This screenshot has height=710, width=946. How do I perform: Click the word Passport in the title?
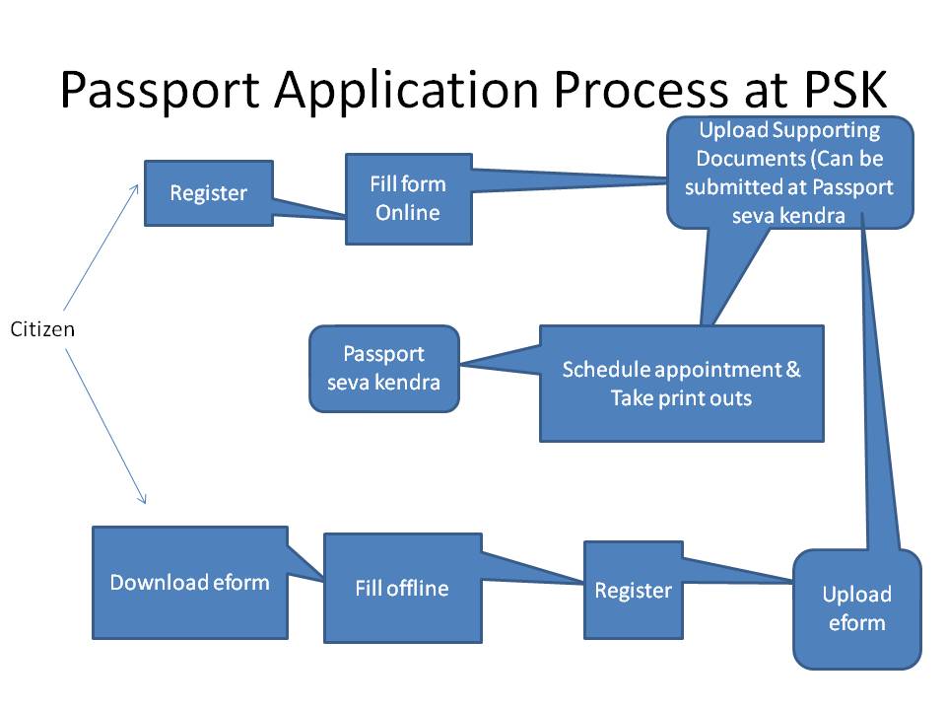click(x=162, y=91)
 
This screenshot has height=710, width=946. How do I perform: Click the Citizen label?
click(x=42, y=328)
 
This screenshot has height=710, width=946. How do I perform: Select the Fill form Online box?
click(x=408, y=198)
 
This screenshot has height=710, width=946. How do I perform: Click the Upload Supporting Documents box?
click(x=789, y=173)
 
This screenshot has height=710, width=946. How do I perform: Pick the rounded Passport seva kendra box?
click(x=384, y=368)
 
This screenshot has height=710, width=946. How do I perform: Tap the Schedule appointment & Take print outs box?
click(x=681, y=384)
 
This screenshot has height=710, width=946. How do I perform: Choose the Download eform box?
click(x=189, y=582)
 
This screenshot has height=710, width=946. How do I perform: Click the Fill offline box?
click(x=402, y=589)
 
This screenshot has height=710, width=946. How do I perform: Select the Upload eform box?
click(x=856, y=608)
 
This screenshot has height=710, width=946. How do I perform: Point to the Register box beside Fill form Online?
click(x=208, y=193)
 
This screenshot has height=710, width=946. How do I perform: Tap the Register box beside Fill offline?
click(x=633, y=590)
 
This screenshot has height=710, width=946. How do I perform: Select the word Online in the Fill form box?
click(x=408, y=211)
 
